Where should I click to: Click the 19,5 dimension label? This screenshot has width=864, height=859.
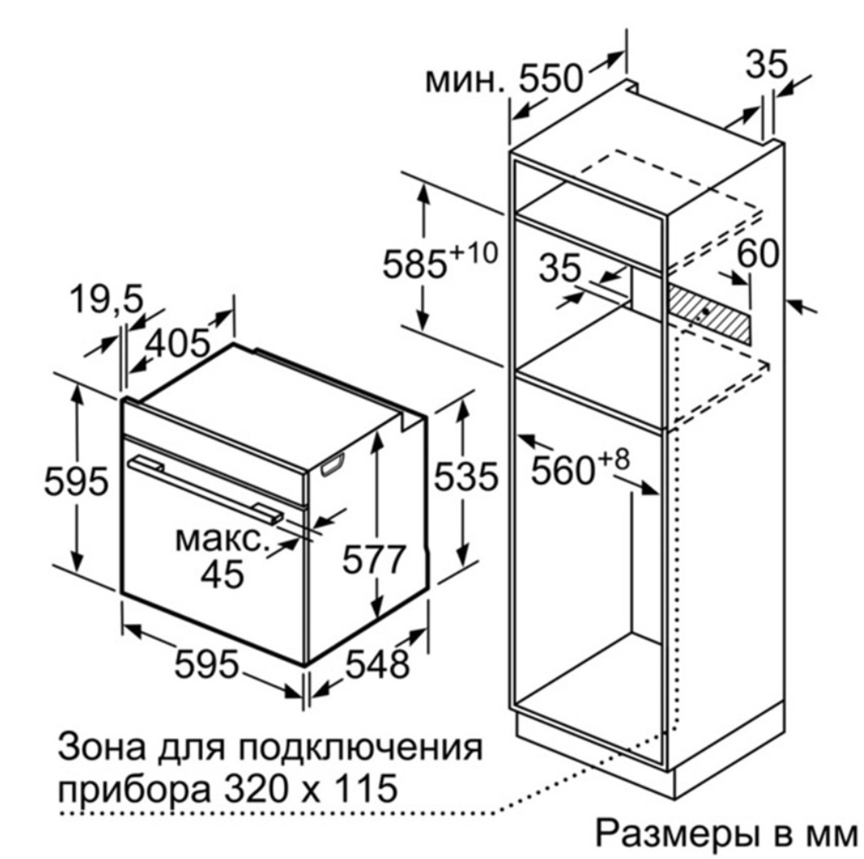pyautogui.click(x=106, y=299)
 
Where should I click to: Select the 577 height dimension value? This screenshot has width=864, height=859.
pyautogui.click(x=374, y=560)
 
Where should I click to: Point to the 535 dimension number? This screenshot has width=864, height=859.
pyautogui.click(x=466, y=476)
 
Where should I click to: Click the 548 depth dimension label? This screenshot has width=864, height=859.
pyautogui.click(x=378, y=663)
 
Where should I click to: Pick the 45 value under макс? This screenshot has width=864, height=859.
pyautogui.click(x=222, y=574)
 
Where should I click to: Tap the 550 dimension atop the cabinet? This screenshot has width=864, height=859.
pyautogui.click(x=551, y=79)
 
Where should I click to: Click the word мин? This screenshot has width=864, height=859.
pyautogui.click(x=465, y=82)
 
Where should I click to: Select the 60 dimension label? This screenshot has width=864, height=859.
pyautogui.click(x=758, y=254)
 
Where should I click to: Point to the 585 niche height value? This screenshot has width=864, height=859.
pyautogui.click(x=414, y=264)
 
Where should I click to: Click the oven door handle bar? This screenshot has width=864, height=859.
pyautogui.click(x=206, y=488)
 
